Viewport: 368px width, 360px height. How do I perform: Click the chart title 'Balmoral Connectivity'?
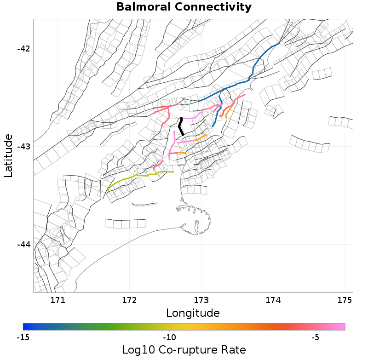[x=184, y=7]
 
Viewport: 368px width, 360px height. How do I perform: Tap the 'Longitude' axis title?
[x=192, y=314]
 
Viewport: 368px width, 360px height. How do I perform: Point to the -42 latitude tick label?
[x=22, y=49]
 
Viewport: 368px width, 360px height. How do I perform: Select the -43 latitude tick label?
[x=22, y=147]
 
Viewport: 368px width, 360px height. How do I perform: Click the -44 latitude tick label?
[x=22, y=245]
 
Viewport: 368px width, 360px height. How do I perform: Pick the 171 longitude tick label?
[x=58, y=301]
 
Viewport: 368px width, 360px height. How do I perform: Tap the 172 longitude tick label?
[x=130, y=301]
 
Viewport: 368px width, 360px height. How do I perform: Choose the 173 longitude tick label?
[x=201, y=301]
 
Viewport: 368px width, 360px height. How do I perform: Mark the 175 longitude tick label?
[x=345, y=301]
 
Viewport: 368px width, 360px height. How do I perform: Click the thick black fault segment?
[x=181, y=126]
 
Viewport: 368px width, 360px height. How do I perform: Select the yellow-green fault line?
[x=133, y=176]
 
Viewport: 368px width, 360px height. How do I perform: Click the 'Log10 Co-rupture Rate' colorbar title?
[x=184, y=350]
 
